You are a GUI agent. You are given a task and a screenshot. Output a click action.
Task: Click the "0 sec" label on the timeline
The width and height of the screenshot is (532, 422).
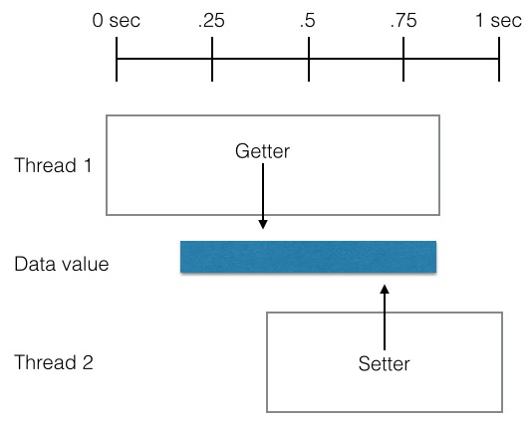[116, 20]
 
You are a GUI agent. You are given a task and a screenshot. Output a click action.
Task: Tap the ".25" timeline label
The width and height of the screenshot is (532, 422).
[211, 20]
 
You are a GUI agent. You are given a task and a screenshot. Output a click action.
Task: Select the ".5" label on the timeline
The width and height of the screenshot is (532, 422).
[308, 20]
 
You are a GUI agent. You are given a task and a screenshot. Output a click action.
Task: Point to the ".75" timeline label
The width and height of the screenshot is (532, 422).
[403, 20]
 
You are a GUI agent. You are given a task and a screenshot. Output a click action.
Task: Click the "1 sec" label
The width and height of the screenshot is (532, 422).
[498, 20]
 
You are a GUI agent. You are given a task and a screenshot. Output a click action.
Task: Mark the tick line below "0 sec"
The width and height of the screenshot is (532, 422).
[117, 59]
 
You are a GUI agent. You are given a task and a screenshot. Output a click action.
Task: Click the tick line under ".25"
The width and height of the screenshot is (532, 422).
[212, 59]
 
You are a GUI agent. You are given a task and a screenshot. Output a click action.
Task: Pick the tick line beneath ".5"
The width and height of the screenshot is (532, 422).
[309, 59]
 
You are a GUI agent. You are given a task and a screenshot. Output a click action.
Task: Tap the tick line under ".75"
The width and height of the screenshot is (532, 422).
[403, 59]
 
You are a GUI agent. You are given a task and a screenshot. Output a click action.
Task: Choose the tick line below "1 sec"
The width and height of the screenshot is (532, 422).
[499, 59]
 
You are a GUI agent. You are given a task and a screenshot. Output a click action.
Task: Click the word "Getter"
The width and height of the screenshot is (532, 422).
[263, 151]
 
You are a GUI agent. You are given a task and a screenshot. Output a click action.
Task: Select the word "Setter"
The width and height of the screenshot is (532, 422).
[385, 364]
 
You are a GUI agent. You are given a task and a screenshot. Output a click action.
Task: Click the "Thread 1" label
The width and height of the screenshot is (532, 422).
[53, 165]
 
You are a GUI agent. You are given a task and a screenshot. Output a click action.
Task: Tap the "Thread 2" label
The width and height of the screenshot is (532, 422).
[54, 362]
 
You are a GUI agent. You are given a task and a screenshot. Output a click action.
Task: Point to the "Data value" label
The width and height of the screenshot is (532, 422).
[62, 264]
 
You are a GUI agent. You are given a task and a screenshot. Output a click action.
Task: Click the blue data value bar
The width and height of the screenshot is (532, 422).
[308, 257]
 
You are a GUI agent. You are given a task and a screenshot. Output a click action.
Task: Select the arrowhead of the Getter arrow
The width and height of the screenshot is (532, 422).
[263, 224]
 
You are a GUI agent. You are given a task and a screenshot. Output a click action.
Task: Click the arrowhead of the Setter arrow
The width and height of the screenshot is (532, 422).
[385, 289]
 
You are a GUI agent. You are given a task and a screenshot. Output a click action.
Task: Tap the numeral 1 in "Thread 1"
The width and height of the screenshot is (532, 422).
[88, 165]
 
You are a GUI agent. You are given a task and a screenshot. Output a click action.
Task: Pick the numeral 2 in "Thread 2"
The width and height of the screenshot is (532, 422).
[88, 362]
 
